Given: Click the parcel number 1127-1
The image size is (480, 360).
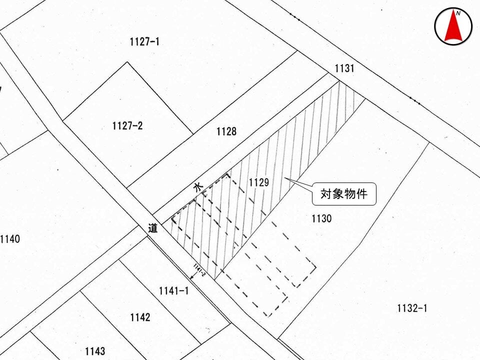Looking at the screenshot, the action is [x=144, y=41].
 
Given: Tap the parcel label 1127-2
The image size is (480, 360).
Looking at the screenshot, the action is [x=127, y=126].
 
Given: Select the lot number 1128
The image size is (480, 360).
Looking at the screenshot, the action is [x=226, y=131].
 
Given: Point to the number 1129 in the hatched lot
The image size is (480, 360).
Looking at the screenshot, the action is [x=259, y=182].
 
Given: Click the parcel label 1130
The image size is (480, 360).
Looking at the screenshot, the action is [x=321, y=218].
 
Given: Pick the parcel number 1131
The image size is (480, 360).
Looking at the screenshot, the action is [x=344, y=68].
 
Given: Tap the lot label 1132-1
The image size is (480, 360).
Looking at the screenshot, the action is [x=412, y=308].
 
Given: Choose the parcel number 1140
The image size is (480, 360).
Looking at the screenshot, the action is [x=10, y=239].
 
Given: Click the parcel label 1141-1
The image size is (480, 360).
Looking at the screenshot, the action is [x=174, y=291].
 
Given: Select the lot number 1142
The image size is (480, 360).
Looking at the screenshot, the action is [x=140, y=317].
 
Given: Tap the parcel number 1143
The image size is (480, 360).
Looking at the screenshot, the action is [x=95, y=351].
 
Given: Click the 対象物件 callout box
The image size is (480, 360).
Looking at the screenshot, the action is [x=344, y=194].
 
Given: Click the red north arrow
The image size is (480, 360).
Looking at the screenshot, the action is [x=453, y=28].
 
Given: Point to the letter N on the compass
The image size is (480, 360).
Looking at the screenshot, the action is [x=458, y=13].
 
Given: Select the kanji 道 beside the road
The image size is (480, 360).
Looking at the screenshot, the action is [x=153, y=228].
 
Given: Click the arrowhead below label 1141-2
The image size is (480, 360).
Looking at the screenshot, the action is [x=192, y=277].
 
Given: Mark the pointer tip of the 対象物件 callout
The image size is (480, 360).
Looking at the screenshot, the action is [x=284, y=177].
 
